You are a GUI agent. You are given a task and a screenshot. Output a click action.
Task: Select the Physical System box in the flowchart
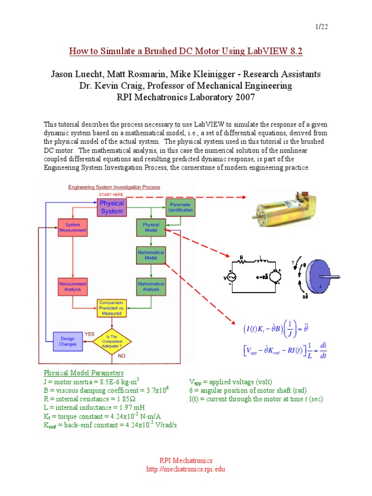tap(112, 207)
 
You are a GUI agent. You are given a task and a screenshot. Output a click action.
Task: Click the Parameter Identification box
tap(181, 207)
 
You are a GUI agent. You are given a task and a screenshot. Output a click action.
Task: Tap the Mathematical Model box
tap(151, 255)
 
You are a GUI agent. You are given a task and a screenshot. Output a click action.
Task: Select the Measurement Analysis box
tap(73, 286)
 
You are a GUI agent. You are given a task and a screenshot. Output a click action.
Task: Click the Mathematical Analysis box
tap(151, 286)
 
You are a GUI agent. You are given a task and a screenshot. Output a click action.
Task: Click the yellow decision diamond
tap(112, 341)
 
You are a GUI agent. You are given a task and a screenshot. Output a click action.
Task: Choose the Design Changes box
tap(68, 341)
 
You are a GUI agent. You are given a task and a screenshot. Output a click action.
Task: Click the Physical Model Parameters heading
tap(84, 373)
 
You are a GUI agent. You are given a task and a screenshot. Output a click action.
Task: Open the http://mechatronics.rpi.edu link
tap(186, 469)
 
